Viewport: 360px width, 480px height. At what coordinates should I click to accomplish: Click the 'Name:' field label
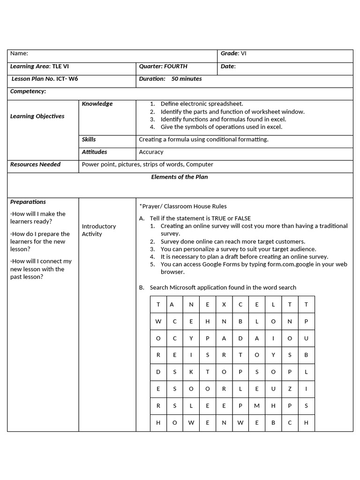(19, 54)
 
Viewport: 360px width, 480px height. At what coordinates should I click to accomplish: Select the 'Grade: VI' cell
(233, 53)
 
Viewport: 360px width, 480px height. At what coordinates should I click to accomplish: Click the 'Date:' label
(228, 67)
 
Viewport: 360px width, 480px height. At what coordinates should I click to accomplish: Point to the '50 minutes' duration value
(187, 79)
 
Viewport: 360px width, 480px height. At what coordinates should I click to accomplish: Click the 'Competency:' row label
(28, 91)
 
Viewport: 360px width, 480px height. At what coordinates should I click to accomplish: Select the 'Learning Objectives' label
(37, 116)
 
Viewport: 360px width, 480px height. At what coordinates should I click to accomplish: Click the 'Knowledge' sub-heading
(97, 104)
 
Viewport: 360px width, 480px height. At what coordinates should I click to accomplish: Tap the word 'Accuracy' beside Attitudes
(151, 152)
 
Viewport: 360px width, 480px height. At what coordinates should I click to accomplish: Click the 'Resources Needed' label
(35, 165)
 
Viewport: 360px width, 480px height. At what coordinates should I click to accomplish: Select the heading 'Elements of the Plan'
(180, 177)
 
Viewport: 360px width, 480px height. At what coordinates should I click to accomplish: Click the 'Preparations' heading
(28, 202)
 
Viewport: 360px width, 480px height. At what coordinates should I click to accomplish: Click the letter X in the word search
(224, 305)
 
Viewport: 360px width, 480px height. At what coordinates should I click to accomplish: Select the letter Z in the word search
(290, 389)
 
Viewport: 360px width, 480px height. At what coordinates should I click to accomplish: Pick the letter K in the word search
(191, 372)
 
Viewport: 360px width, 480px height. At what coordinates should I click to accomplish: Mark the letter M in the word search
(256, 405)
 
